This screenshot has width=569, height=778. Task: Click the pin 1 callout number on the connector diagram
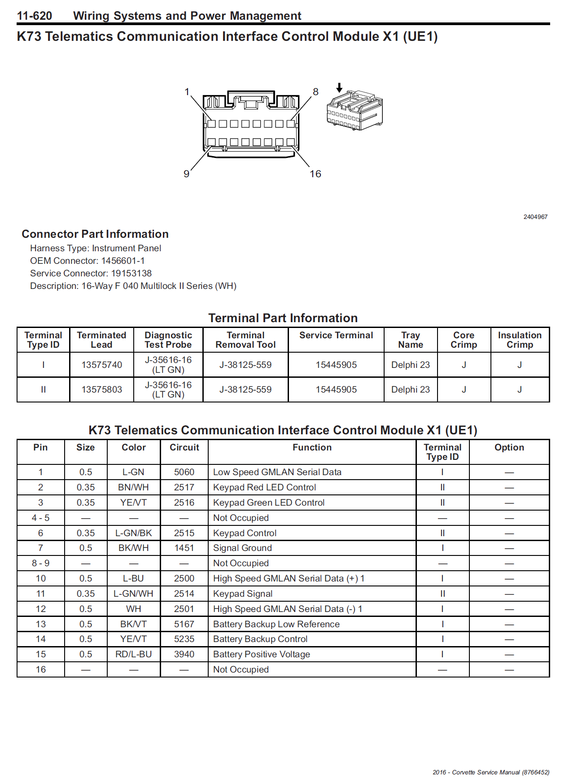pos(187,92)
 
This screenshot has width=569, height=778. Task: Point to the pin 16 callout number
pos(315,174)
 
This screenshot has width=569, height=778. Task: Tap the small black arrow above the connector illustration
pos(340,87)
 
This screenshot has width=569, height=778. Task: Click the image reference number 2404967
pos(535,217)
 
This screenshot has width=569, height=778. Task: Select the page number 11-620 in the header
pos(35,16)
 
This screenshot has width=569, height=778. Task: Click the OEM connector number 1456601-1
pos(123,261)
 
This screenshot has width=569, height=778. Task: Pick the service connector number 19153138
pos(131,273)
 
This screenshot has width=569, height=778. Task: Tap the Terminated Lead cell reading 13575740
pos(102,365)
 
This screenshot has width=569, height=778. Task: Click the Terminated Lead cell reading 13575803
pos(102,389)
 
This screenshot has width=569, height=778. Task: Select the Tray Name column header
pos(411,340)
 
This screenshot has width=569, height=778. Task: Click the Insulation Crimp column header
pos(520,340)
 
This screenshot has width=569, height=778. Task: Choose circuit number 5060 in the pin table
pos(184,472)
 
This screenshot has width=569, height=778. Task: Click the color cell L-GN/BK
pos(134,533)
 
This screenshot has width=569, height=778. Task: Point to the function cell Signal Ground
pos(242,548)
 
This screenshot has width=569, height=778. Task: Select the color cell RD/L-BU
pos(134,654)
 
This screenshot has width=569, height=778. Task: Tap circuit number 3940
pos(184,654)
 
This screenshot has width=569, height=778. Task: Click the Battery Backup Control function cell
pos(260,639)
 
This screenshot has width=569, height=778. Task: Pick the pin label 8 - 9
pos(41,563)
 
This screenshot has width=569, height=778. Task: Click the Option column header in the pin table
pos(509,447)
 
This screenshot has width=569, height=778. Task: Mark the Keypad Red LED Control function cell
pos(264,487)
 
